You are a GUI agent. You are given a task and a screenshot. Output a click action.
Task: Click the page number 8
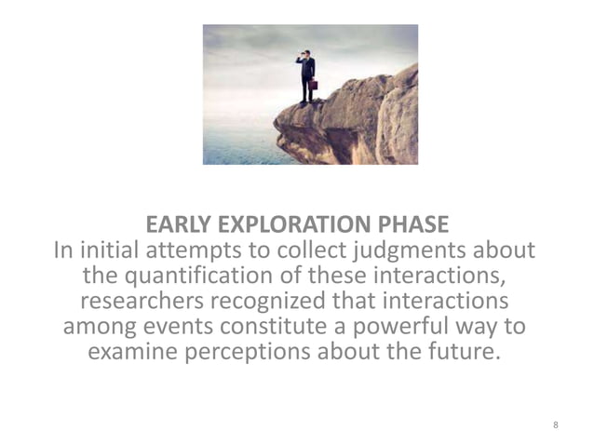pos(556,425)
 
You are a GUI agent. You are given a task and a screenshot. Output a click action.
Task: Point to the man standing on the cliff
pos(305,77)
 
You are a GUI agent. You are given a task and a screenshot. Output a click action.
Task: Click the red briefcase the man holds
pos(313,84)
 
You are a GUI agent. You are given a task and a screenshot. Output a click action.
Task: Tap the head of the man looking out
pos(304,55)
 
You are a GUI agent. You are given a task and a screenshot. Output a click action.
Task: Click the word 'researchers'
pos(149,303)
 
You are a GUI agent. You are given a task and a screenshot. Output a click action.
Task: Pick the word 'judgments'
pos(403,251)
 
